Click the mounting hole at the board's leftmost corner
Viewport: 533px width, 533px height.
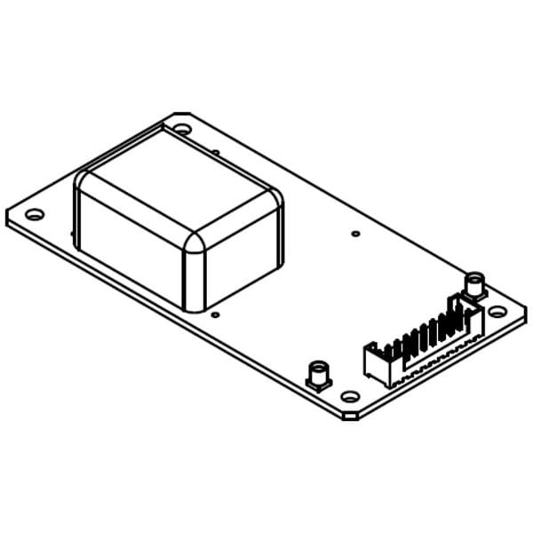coord(35,214)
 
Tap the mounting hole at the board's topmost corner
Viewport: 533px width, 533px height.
coord(181,129)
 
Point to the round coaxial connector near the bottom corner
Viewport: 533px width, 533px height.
coord(317,373)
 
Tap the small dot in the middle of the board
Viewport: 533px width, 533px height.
coord(355,234)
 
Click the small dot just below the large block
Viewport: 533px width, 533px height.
coord(216,313)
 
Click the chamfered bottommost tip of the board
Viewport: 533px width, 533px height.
coord(351,416)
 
